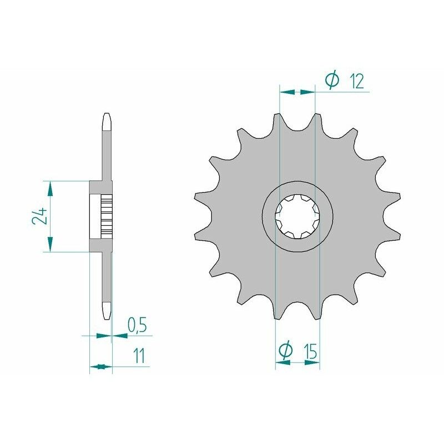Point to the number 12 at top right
(356, 82)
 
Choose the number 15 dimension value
(310, 351)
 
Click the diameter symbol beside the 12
(332, 81)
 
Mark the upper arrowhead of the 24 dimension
(50, 189)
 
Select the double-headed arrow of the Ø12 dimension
(297, 92)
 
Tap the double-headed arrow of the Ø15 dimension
(297, 362)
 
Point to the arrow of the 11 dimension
(98, 366)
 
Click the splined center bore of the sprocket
(297, 216)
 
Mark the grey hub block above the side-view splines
(97, 189)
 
